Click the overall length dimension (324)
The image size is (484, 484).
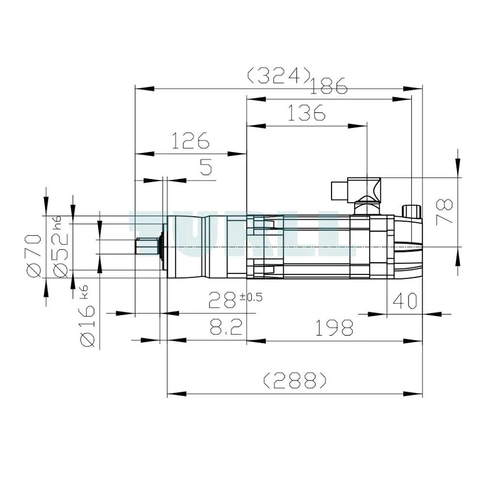pyautogui.click(x=278, y=76)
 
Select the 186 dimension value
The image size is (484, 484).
pyautogui.click(x=329, y=86)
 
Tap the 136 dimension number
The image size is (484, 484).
pyautogui.click(x=306, y=113)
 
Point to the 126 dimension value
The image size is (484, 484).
pyautogui.click(x=190, y=140)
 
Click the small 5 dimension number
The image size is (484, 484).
pyautogui.click(x=206, y=167)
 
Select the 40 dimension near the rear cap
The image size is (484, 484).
pyautogui.click(x=405, y=301)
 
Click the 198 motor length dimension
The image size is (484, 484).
pyautogui.click(x=334, y=328)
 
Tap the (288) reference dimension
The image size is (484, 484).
pyautogui.click(x=295, y=380)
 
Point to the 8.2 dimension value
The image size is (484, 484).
pyautogui.click(x=226, y=327)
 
